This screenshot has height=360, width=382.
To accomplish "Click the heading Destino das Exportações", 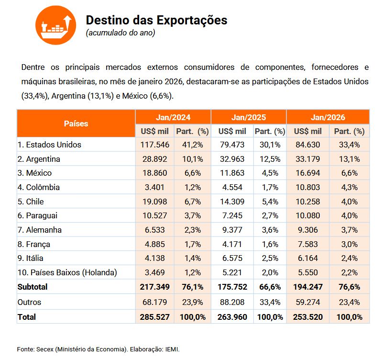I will pyautogui.click(x=156, y=21).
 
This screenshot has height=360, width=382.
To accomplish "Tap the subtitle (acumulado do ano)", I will pyautogui.click(x=120, y=33).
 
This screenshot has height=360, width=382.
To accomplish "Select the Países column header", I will pyautogui.click(x=76, y=124).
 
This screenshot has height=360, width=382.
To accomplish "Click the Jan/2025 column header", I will pyautogui.click(x=249, y=117).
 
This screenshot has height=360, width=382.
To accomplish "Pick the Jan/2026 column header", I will pyautogui.click(x=327, y=117).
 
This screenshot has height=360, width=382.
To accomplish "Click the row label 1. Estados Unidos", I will pyautogui.click(x=49, y=145).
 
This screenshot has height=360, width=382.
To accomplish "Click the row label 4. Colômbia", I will pyautogui.click(x=39, y=187).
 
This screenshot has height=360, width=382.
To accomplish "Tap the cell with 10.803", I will pyautogui.click(x=307, y=187).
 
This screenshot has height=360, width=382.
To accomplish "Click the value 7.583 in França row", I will pyautogui.click(x=307, y=244).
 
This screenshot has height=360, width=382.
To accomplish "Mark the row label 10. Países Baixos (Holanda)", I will pyautogui.click(x=67, y=273).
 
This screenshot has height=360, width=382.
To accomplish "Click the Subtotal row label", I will pyautogui.click(x=33, y=287).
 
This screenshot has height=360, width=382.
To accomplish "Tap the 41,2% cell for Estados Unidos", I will pyautogui.click(x=192, y=145).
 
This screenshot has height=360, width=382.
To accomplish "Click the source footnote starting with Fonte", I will pyautogui.click(x=98, y=349).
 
